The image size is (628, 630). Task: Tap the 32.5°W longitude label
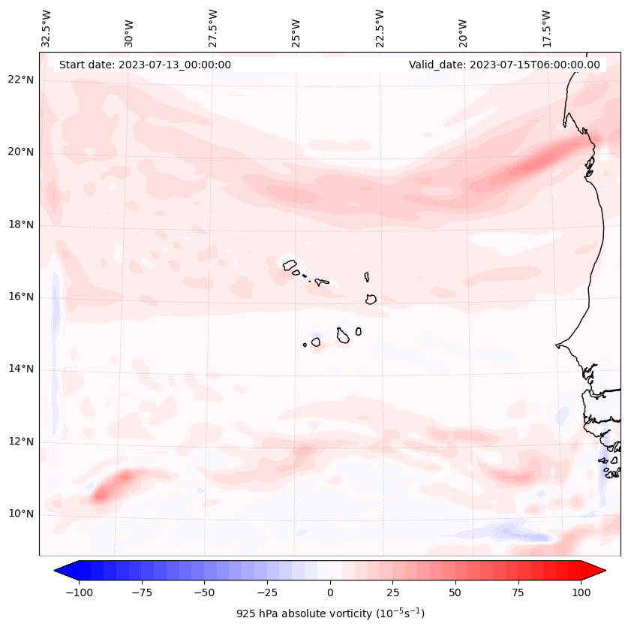(47, 28)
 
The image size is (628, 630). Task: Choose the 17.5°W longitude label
(546, 28)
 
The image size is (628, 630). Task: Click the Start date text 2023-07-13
(145, 65)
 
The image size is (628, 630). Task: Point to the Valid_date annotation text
(504, 65)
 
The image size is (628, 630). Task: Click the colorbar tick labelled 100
(581, 592)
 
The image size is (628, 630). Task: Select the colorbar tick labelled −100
(79, 592)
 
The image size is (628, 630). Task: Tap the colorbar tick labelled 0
(330, 592)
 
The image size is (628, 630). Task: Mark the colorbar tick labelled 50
(455, 592)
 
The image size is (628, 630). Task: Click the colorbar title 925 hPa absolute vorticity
(330, 613)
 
